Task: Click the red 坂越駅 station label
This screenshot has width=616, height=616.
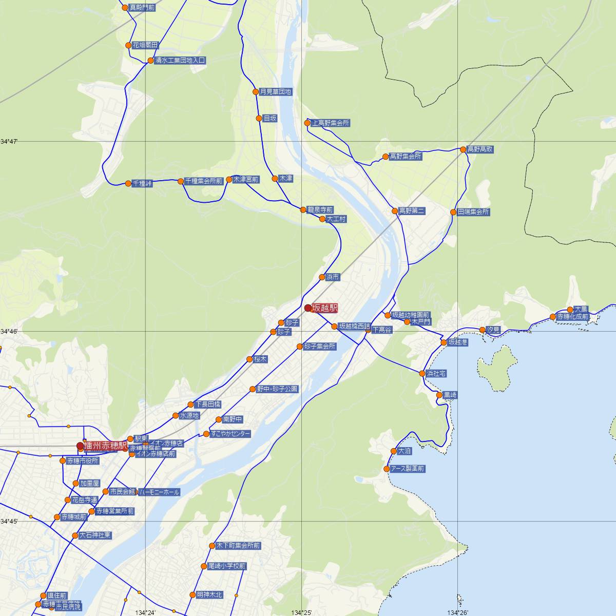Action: (x=325, y=308)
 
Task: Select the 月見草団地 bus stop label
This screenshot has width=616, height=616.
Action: (x=276, y=92)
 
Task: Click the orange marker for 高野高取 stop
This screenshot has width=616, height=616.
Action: (x=463, y=149)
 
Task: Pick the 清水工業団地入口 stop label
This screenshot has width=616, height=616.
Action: (x=180, y=61)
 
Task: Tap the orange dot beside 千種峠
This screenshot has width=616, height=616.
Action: (x=128, y=183)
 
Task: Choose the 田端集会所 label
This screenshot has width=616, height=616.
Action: (x=473, y=212)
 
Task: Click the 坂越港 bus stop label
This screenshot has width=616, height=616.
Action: (x=458, y=342)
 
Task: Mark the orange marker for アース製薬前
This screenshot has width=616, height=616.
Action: (x=387, y=469)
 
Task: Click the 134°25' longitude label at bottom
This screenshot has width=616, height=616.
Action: (x=301, y=612)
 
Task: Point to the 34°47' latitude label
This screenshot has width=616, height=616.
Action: (x=9, y=141)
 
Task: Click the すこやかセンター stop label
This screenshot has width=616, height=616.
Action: (x=230, y=434)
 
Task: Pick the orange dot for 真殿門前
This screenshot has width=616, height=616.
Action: (x=125, y=8)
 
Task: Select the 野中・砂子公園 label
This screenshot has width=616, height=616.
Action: (x=277, y=389)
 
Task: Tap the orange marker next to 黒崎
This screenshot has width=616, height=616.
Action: (x=439, y=395)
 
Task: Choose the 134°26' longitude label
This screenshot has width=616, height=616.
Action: (x=458, y=612)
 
